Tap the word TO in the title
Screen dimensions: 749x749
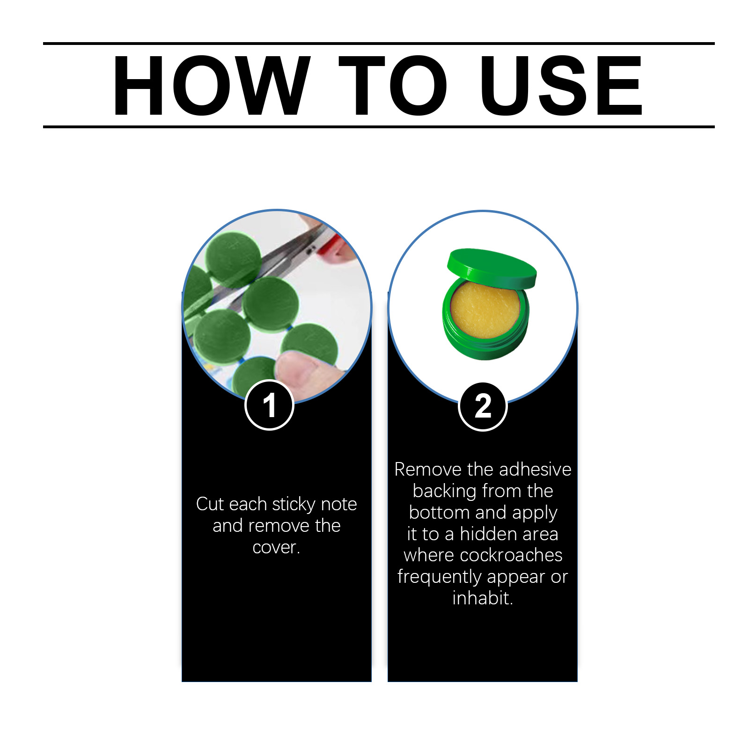point(393,85)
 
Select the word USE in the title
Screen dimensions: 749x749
point(561,85)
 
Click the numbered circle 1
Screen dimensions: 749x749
point(269,405)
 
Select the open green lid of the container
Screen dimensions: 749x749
point(492,268)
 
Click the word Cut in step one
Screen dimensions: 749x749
point(210,504)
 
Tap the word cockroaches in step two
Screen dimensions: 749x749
point(511,555)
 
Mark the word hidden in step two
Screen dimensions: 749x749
point(486,534)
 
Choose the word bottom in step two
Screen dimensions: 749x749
point(439,513)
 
